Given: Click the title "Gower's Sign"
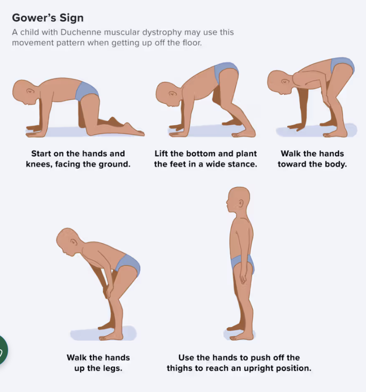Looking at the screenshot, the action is [48, 18].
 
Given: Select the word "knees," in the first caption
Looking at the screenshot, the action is [39, 164].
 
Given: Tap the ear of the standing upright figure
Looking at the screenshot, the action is [241, 204].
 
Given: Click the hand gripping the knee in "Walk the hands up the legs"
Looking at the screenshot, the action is [108, 291].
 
